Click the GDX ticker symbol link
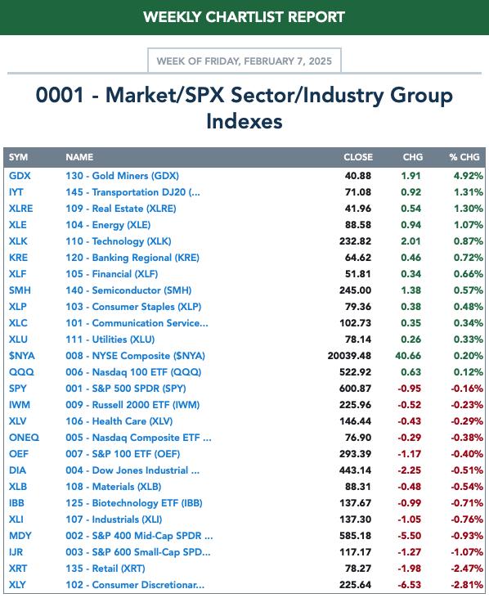[20, 176]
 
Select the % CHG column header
[464, 157]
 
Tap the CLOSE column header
[358, 157]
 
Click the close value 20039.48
[349, 356]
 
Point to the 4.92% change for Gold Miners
[468, 176]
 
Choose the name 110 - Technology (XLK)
[118, 241]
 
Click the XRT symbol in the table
[18, 569]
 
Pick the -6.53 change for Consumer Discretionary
[410, 585]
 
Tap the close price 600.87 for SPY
[355, 389]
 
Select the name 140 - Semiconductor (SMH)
[128, 290]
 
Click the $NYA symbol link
[22, 356]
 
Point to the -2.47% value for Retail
[467, 569]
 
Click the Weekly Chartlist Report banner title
[244, 17]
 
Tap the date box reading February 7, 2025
[244, 61]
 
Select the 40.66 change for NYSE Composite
[408, 356]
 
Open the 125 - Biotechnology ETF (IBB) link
[134, 503]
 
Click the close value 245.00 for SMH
[355, 290]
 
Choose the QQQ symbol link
[21, 372]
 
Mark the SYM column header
[18, 157]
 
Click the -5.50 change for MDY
[410, 536]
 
